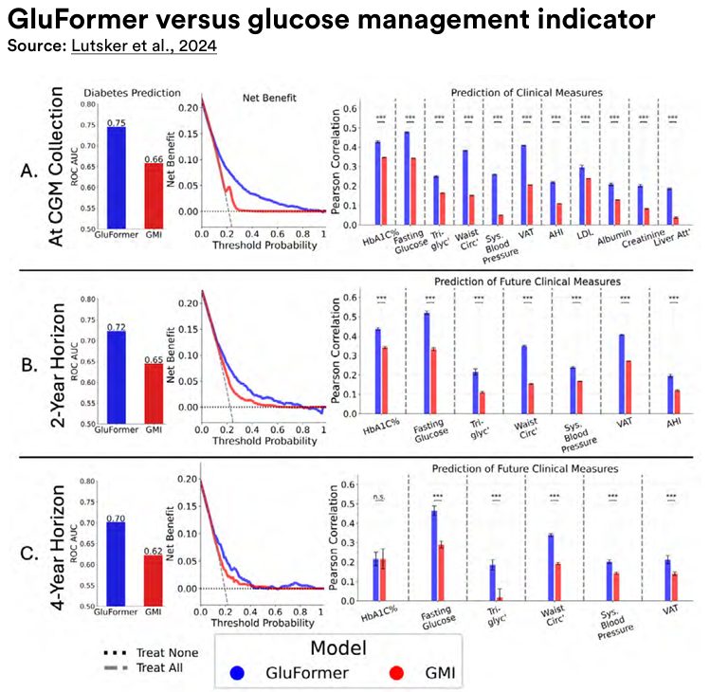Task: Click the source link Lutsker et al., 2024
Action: click(x=144, y=46)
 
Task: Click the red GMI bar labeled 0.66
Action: click(x=152, y=196)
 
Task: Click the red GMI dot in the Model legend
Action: click(x=399, y=674)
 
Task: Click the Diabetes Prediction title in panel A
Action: click(x=118, y=93)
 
